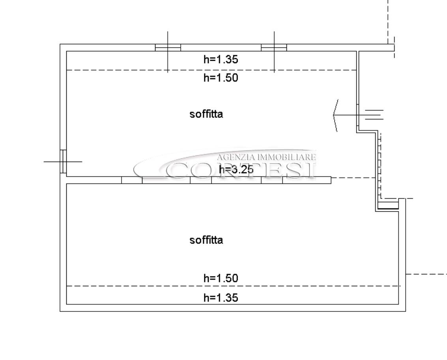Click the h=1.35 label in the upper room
[221, 59]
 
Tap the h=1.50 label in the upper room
[221, 77]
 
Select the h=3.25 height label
[236, 170]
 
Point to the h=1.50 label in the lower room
[221, 278]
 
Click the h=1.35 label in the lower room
[221, 298]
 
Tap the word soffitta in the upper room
[206, 114]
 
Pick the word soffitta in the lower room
[206, 240]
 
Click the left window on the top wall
[168, 48]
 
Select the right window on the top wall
[274, 48]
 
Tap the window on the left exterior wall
[63, 162]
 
